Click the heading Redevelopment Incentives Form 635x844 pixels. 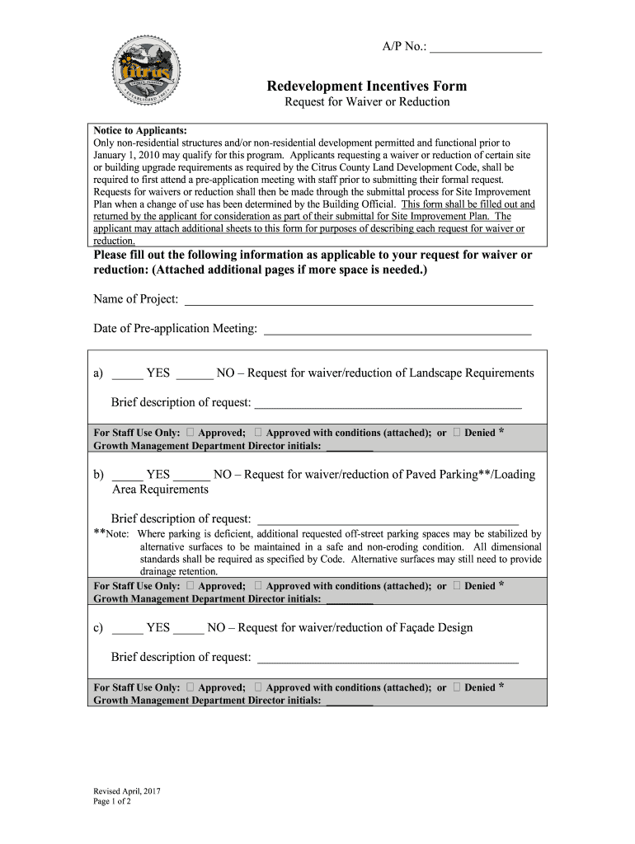(x=367, y=86)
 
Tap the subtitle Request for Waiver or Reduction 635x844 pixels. (x=367, y=102)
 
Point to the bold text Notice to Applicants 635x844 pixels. (x=140, y=131)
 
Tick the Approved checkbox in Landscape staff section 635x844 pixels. (x=190, y=433)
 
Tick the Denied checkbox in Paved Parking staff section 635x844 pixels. (x=457, y=586)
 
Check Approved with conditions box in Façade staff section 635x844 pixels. (x=259, y=687)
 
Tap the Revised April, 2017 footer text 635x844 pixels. (x=127, y=791)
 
